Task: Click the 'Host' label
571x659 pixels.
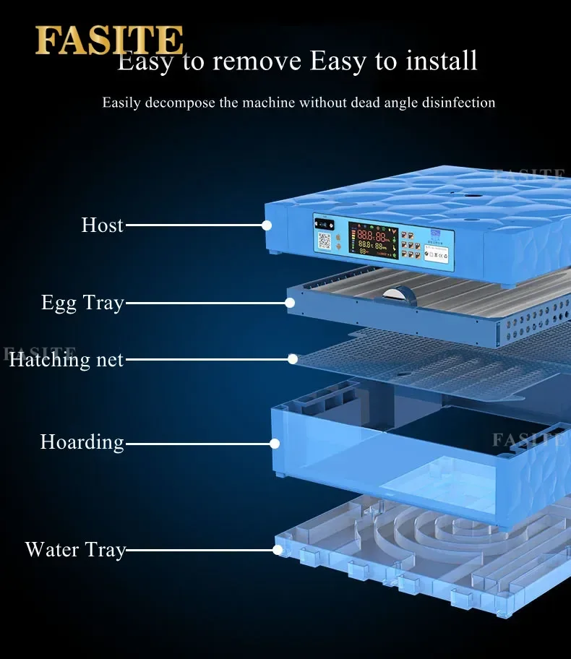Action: [x=102, y=225]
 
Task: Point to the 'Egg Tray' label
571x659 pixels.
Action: [x=82, y=303]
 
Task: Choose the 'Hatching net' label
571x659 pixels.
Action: [x=66, y=359]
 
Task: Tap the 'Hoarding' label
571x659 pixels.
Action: [x=82, y=442]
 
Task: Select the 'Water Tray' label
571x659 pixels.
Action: [x=75, y=550]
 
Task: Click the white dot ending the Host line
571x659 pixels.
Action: [x=267, y=225]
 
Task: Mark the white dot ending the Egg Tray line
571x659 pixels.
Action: [x=290, y=303]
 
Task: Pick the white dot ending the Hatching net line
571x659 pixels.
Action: [x=293, y=358]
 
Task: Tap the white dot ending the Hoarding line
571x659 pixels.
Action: [x=275, y=442]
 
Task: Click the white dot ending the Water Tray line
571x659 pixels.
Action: [x=278, y=550]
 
